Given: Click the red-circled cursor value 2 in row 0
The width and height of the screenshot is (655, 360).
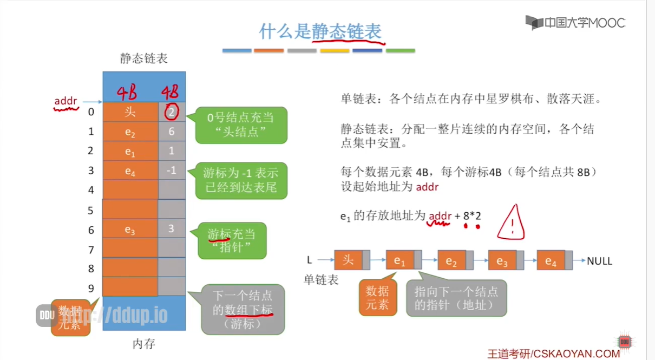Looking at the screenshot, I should point(171,113).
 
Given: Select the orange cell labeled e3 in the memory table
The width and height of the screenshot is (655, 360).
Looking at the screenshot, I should point(130,230).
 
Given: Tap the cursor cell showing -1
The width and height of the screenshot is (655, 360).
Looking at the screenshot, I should point(172,171).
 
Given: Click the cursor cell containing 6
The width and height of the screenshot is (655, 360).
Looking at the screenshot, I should point(172,132).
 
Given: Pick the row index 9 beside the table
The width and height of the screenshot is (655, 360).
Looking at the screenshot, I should point(91,288).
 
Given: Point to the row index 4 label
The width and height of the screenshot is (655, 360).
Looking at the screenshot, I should point(91,190).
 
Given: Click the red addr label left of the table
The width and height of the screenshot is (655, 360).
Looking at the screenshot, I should point(65,101).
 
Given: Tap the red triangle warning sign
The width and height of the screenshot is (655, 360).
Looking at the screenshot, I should point(511,222).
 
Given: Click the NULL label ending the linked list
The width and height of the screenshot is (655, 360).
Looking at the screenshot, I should point(600,261).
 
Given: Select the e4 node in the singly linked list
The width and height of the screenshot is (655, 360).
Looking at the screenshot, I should point(551,260).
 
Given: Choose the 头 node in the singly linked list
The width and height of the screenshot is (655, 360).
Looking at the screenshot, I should point(348,260).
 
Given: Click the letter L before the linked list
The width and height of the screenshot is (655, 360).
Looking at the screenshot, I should point(310,260).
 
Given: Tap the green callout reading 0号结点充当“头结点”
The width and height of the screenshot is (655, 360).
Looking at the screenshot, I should point(241,125).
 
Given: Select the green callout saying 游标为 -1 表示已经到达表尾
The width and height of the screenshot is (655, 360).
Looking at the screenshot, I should point(241,181).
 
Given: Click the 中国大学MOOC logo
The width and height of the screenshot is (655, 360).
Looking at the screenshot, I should point(575,23).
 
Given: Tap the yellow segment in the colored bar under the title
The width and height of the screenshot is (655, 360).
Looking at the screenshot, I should point(335,51).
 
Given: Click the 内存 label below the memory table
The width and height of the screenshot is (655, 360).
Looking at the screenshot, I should point(144,343).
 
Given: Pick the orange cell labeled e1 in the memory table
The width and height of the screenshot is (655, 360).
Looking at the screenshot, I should point(130,152).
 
